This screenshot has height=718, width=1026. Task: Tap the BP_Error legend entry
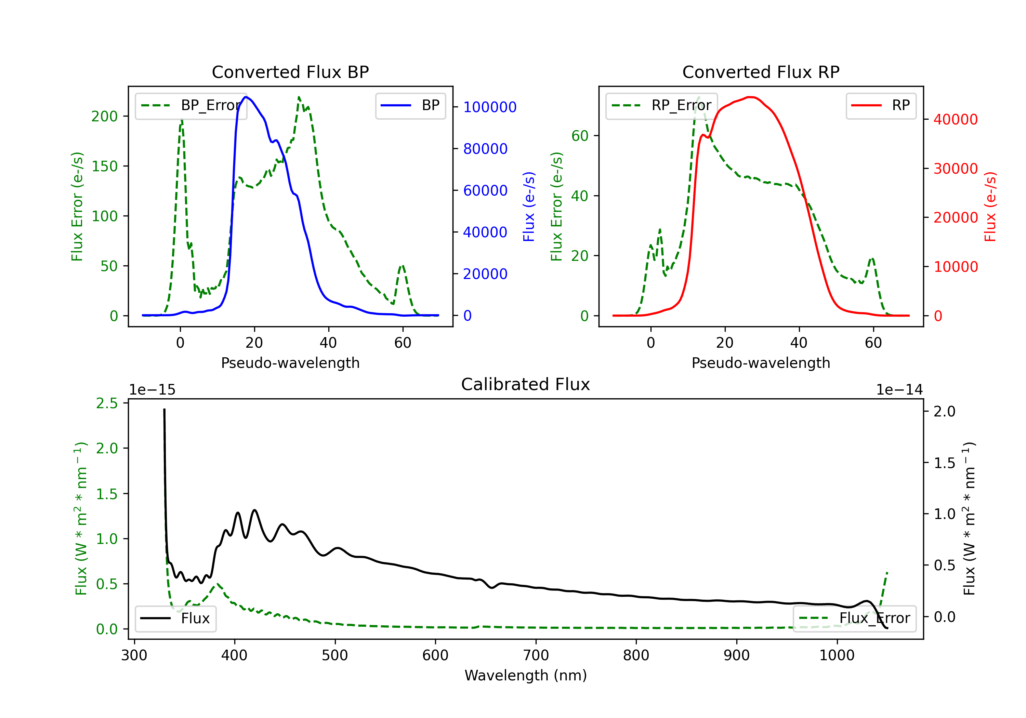click(x=191, y=106)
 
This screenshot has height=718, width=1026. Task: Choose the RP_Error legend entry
click(x=661, y=106)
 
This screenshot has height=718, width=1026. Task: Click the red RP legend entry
click(x=881, y=106)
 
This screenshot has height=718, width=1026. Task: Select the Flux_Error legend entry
click(x=854, y=619)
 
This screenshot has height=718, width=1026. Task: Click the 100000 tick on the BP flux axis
click(x=490, y=107)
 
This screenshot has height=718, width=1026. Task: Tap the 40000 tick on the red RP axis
click(x=956, y=120)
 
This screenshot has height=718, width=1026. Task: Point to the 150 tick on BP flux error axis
click(x=105, y=167)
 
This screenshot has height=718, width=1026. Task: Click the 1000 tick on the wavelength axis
click(x=837, y=655)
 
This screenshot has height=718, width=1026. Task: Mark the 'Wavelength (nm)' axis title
click(x=526, y=676)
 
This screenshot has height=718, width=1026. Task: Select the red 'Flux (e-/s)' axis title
click(x=990, y=207)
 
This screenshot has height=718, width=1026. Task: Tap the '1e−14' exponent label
click(x=899, y=390)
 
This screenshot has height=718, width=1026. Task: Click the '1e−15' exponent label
click(x=153, y=390)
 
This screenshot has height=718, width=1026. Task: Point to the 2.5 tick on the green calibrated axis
click(x=107, y=403)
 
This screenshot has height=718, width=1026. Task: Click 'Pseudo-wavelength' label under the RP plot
click(x=761, y=363)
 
